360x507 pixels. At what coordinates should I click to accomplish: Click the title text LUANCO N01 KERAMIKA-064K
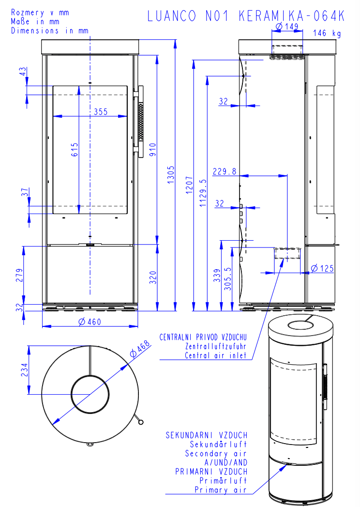246,16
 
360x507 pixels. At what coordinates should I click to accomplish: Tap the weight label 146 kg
327,33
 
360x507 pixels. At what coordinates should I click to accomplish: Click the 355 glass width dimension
101,111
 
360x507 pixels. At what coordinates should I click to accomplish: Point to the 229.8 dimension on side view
224,171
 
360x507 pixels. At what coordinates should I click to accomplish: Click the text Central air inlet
216,355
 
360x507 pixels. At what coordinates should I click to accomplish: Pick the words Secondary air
216,454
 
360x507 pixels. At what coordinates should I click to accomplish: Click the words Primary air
221,490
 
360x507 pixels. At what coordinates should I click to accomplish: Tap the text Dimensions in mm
50,30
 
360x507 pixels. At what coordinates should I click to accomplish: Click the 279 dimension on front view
19,275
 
